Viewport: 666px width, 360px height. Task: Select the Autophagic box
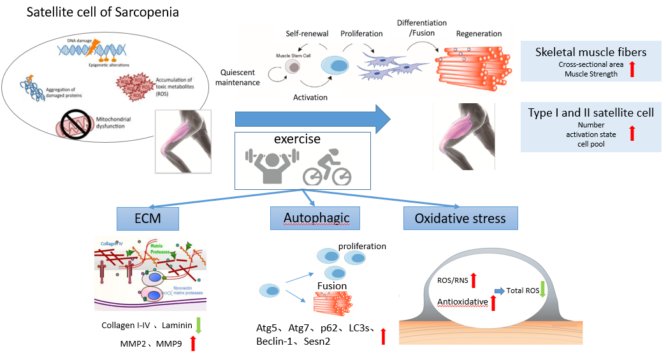tap(310, 219)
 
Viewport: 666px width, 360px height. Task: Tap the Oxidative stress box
tap(460, 219)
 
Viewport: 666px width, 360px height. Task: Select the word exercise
tap(296, 140)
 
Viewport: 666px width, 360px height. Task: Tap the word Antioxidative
tap(463, 301)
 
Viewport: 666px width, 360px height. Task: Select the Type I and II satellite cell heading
tap(591, 113)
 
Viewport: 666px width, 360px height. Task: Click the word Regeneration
tap(479, 34)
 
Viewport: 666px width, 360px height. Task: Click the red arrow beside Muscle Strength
tap(632, 69)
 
